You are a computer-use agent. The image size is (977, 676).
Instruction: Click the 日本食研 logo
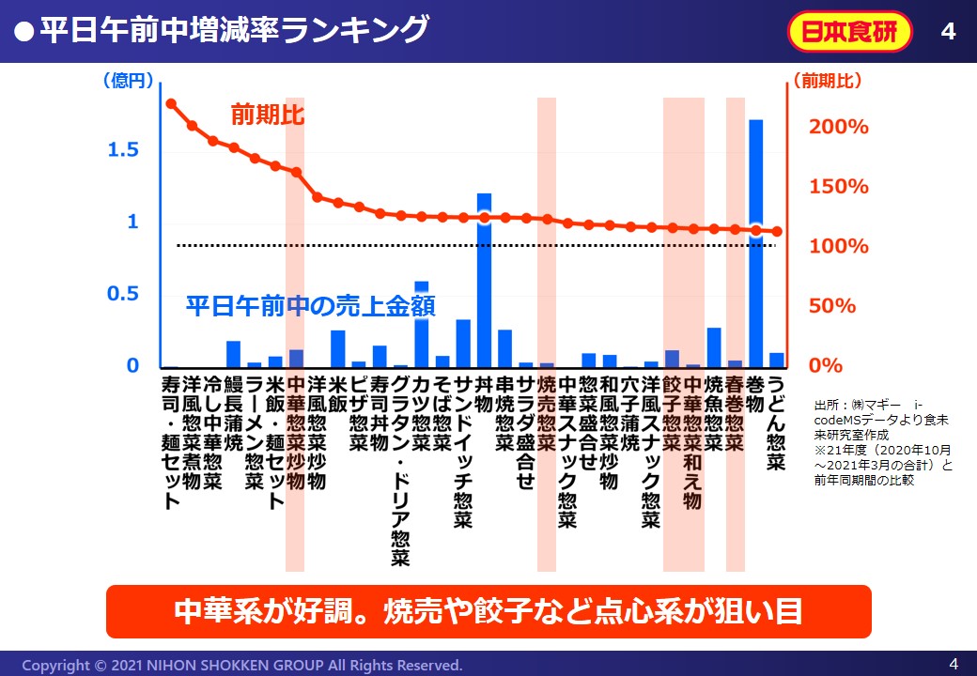tap(849, 32)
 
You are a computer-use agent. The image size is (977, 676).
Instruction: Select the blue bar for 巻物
tap(755, 243)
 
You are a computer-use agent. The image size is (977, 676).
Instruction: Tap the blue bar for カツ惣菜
tap(421, 324)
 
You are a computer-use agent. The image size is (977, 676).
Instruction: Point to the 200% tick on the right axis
tap(840, 127)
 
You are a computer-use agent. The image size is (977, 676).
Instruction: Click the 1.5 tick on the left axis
tap(126, 150)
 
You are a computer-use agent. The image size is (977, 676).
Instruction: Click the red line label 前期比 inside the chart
tap(269, 115)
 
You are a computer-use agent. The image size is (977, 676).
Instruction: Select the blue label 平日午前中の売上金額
tap(310, 306)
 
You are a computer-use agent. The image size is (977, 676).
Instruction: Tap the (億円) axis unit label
tap(127, 81)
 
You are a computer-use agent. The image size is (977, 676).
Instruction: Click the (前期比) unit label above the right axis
tap(827, 81)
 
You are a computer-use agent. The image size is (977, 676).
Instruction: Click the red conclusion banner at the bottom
tap(488, 611)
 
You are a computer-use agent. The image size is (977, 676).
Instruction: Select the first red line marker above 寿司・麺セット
tap(171, 103)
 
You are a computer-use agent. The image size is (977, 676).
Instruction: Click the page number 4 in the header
tap(948, 32)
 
